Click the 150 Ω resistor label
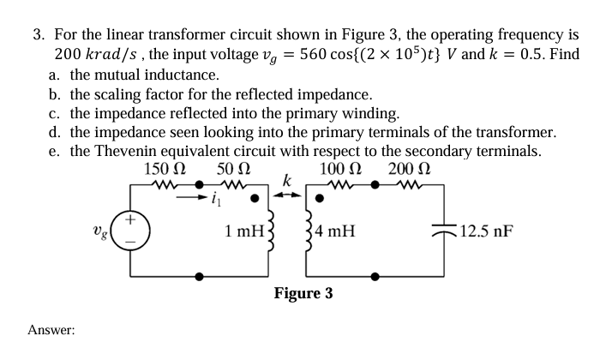pyautogui.click(x=162, y=168)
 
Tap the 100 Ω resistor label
pyautogui.click(x=339, y=168)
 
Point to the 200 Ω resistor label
pyautogui.click(x=407, y=168)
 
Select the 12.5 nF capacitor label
pyautogui.click(x=487, y=230)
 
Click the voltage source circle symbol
pyautogui.click(x=131, y=229)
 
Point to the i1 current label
pyautogui.click(x=215, y=202)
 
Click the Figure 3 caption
pyautogui.click(x=303, y=294)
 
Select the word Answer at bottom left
pyautogui.click(x=51, y=329)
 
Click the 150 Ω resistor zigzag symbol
pyautogui.click(x=162, y=184)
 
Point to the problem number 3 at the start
pyautogui.click(x=38, y=35)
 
